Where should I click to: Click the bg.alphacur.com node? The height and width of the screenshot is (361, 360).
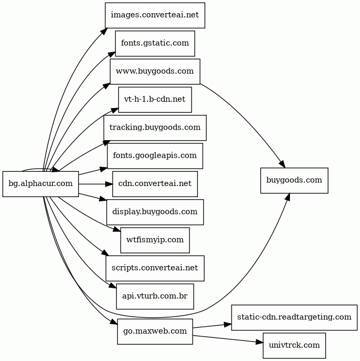[x=41, y=184]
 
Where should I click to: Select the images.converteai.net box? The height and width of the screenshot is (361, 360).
[x=155, y=15]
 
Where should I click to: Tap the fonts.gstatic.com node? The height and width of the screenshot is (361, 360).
[x=155, y=43]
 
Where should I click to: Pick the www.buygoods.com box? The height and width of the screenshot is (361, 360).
[x=155, y=71]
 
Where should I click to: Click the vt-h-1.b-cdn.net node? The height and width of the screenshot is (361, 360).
[x=155, y=100]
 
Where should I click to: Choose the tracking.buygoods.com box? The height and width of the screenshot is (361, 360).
[x=155, y=128]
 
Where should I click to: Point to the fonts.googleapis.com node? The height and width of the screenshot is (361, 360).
[x=155, y=155]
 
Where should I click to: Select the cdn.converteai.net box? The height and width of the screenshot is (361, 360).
[x=155, y=184]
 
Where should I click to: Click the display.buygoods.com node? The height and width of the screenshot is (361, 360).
[x=155, y=212]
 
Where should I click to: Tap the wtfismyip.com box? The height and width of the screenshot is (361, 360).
[x=155, y=240]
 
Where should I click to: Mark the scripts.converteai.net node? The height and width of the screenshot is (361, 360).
[x=155, y=268]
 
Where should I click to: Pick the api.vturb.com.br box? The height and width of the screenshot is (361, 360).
[x=155, y=296]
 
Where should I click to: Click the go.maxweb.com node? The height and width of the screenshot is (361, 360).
[x=155, y=331]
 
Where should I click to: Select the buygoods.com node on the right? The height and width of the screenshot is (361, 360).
[x=294, y=180]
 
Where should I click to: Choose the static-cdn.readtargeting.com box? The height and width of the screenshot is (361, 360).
[x=294, y=317]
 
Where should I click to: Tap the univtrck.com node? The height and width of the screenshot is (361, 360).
[x=294, y=346]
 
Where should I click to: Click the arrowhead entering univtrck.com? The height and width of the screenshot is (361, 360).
[x=259, y=343]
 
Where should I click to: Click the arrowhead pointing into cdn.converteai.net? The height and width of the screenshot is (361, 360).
[x=109, y=184]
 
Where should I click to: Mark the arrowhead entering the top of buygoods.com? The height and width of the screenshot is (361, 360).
[x=283, y=164]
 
